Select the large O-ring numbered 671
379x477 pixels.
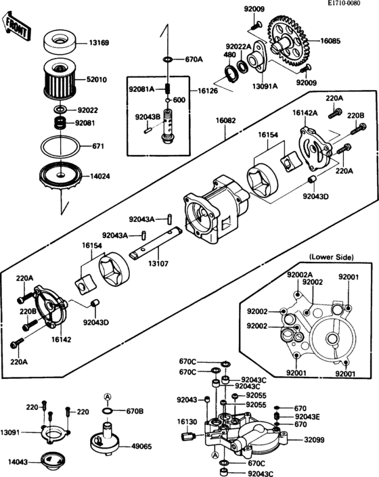pyautogui.click(x=60, y=145)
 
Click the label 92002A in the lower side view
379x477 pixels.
pyautogui.click(x=299, y=275)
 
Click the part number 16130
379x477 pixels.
pyautogui.click(x=187, y=421)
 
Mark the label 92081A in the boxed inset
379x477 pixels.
pyautogui.click(x=141, y=89)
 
